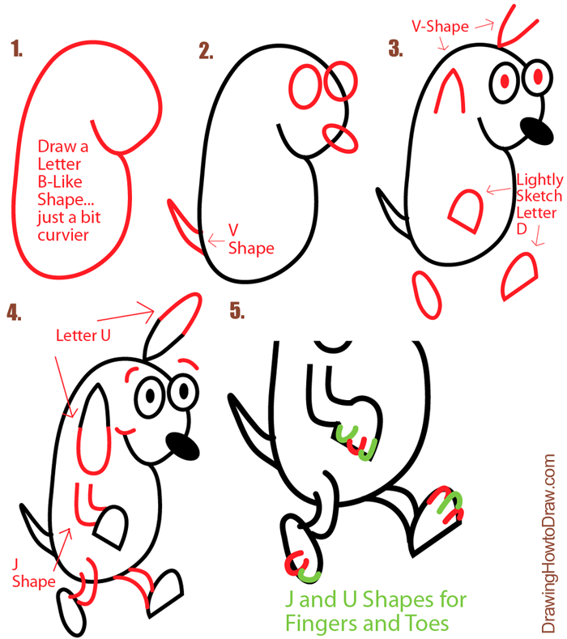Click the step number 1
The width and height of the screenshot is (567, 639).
pyautogui.click(x=16, y=50)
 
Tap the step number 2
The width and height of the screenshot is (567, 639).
pyautogui.click(x=206, y=52)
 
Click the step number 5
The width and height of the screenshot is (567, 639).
pyautogui.click(x=237, y=310)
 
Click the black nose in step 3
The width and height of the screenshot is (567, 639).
pyautogui.click(x=534, y=129)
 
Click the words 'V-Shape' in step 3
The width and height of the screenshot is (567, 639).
pyautogui.click(x=440, y=27)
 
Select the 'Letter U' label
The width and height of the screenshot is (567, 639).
pyautogui.click(x=83, y=334)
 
